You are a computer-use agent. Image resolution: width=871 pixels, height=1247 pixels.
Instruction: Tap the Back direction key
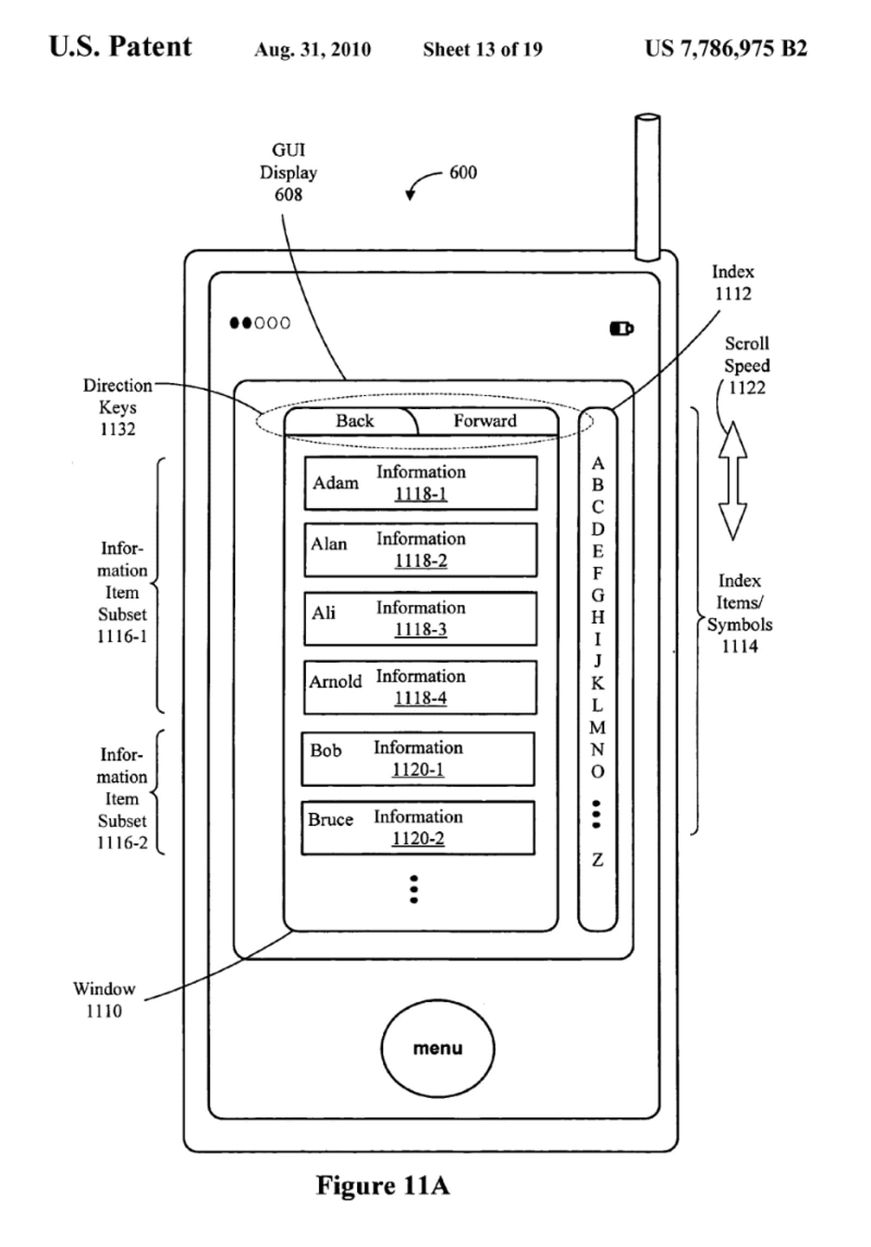[354, 421]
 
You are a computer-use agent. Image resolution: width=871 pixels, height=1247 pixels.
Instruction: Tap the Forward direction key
[484, 421]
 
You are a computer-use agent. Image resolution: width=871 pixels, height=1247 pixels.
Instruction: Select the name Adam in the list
[335, 483]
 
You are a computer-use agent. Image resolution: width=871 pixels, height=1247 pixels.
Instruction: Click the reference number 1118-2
[421, 560]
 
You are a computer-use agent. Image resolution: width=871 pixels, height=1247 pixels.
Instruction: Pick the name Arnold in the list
[335, 681]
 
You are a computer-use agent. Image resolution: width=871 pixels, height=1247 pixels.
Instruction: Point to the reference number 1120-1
[418, 769]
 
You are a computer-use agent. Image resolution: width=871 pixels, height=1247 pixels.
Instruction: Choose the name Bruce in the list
[330, 819]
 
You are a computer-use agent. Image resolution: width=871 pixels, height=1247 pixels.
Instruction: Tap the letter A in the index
[598, 463]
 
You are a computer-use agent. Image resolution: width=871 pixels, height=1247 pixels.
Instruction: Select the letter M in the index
[598, 727]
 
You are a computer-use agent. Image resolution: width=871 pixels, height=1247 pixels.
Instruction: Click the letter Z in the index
[598, 860]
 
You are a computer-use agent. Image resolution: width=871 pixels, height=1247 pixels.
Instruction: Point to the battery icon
[621, 329]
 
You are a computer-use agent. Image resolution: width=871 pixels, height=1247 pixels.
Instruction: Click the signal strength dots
[260, 323]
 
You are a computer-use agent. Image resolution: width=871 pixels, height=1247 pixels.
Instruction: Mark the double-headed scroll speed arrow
[733, 481]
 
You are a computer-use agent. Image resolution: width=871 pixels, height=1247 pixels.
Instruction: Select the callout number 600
[463, 172]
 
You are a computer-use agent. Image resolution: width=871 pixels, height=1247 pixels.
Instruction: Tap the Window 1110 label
[104, 999]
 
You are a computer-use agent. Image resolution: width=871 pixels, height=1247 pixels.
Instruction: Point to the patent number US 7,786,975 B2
[726, 48]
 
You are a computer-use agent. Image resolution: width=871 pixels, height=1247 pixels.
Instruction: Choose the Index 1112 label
[733, 282]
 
